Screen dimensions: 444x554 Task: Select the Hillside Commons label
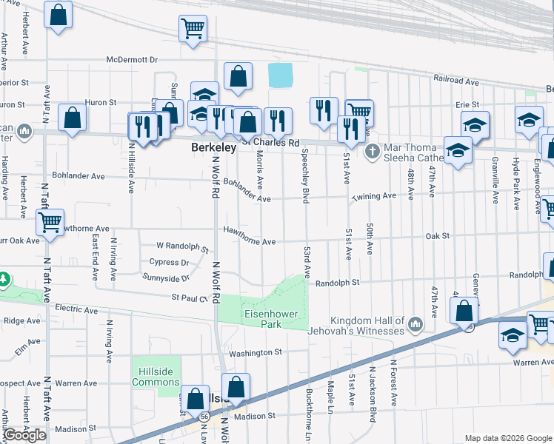tap(156, 377)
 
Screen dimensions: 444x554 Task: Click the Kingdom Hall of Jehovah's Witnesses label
tap(357, 326)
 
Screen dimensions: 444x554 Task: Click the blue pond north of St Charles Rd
tap(280, 75)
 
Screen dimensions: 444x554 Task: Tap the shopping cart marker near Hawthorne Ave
tap(50, 222)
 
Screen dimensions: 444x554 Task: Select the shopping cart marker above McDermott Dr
tap(193, 29)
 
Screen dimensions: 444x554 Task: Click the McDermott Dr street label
tap(133, 60)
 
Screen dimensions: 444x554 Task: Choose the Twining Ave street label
tap(374, 196)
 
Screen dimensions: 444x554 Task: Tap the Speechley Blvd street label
tap(304, 175)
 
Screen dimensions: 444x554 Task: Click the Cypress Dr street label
tap(169, 262)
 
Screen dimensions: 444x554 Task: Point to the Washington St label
tap(256, 353)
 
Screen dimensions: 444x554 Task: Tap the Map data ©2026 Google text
tap(507, 438)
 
